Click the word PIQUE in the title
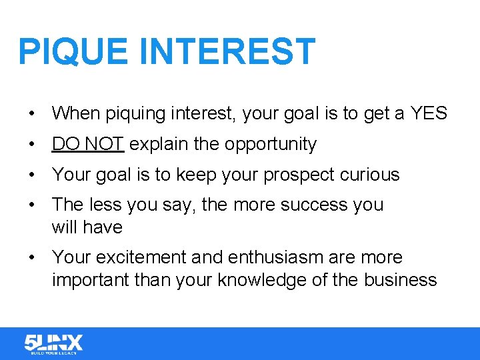(73, 52)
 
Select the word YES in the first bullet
(429, 113)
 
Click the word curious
(369, 175)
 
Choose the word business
(400, 280)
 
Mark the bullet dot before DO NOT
(32, 145)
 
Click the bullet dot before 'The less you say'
(32, 205)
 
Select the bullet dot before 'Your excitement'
(32, 258)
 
